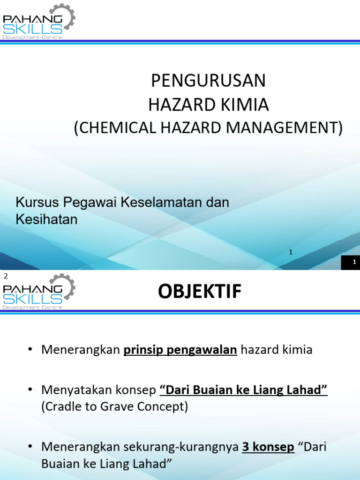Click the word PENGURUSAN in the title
tap(208, 81)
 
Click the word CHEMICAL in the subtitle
tap(112, 127)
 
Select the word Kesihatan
tap(46, 219)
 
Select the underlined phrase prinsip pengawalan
tap(180, 350)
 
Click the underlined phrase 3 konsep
tap(268, 447)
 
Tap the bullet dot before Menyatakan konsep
tap(30, 390)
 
